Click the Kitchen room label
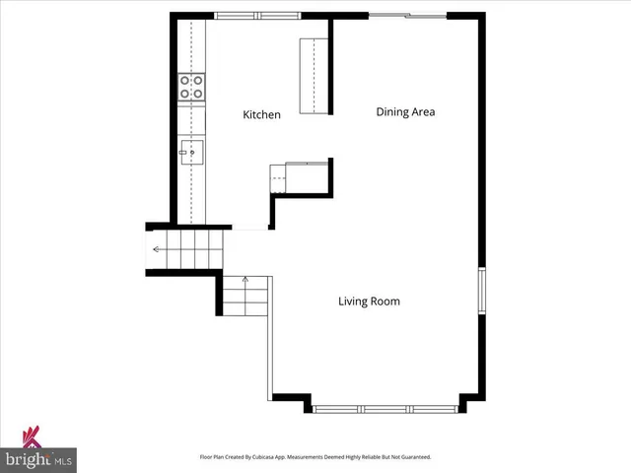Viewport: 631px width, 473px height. (261, 115)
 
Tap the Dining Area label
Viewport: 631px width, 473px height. (405, 112)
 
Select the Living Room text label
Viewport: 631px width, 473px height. (369, 302)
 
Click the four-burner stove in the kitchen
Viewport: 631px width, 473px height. (191, 88)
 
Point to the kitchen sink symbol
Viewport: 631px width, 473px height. (191, 153)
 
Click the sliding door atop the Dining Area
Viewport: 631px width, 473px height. (408, 15)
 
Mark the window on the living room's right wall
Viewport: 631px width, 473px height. (481, 292)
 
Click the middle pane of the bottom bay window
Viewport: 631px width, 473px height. (386, 408)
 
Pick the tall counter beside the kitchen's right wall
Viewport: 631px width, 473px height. (314, 78)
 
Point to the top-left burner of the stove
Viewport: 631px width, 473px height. (185, 81)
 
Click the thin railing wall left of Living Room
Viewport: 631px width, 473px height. (269, 340)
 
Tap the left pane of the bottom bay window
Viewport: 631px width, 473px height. (336, 408)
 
